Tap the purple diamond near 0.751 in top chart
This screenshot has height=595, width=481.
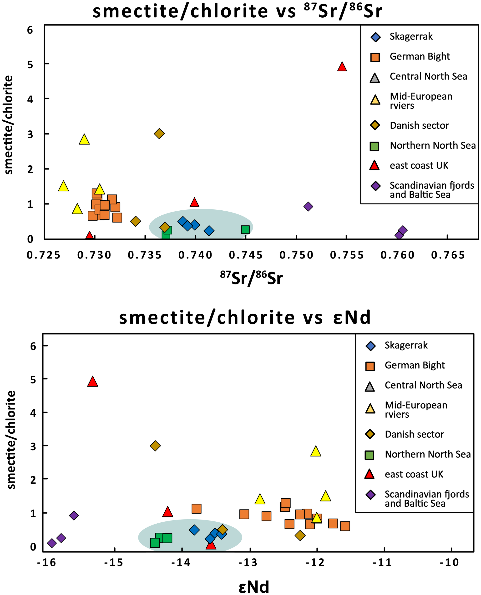(x=308, y=206)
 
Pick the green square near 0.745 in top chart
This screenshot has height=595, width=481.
(x=245, y=229)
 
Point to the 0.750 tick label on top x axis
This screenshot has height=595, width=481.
(x=296, y=255)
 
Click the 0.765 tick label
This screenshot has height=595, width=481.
(x=448, y=255)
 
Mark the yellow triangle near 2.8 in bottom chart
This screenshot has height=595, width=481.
(x=316, y=452)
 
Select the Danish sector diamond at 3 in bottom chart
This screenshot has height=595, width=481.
(x=155, y=446)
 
